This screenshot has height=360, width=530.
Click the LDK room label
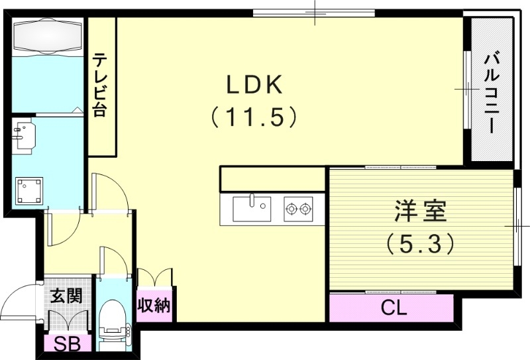pos(255,85)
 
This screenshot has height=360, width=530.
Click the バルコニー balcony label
pos(491,92)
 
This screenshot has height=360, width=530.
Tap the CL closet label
pos(394,308)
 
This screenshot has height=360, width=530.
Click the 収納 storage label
pos(155,306)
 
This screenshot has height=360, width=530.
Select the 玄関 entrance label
pos(67,294)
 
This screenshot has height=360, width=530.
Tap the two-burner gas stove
pos(297,210)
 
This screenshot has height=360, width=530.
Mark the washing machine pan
pos(30,190)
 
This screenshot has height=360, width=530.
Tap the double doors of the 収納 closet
pos(154,277)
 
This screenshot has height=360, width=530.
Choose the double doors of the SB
pos(68,321)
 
